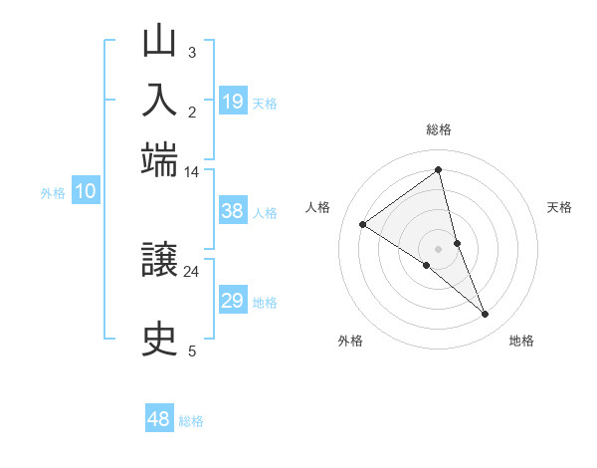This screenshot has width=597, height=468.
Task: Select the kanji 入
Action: point(160,101)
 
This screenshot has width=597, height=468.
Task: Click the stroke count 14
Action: point(192,172)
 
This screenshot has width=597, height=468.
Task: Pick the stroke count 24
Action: point(192,271)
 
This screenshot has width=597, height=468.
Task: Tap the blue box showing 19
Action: point(232,102)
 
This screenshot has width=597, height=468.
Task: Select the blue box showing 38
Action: point(232,211)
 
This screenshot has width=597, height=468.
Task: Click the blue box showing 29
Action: point(232,301)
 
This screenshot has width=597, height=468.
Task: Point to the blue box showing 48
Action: point(159,419)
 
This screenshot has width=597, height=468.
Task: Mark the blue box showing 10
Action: point(86,192)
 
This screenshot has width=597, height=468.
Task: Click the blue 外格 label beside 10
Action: point(53,193)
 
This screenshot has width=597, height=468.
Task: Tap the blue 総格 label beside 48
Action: point(191,421)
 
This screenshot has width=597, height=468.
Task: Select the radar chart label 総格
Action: point(439,129)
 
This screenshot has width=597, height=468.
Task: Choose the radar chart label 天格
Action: point(559,207)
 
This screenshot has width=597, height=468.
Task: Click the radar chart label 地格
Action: point(521,342)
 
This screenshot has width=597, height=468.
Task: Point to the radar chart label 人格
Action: point(318,207)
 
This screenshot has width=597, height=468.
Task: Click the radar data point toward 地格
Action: point(485,315)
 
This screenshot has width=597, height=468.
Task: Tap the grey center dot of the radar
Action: point(439,248)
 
